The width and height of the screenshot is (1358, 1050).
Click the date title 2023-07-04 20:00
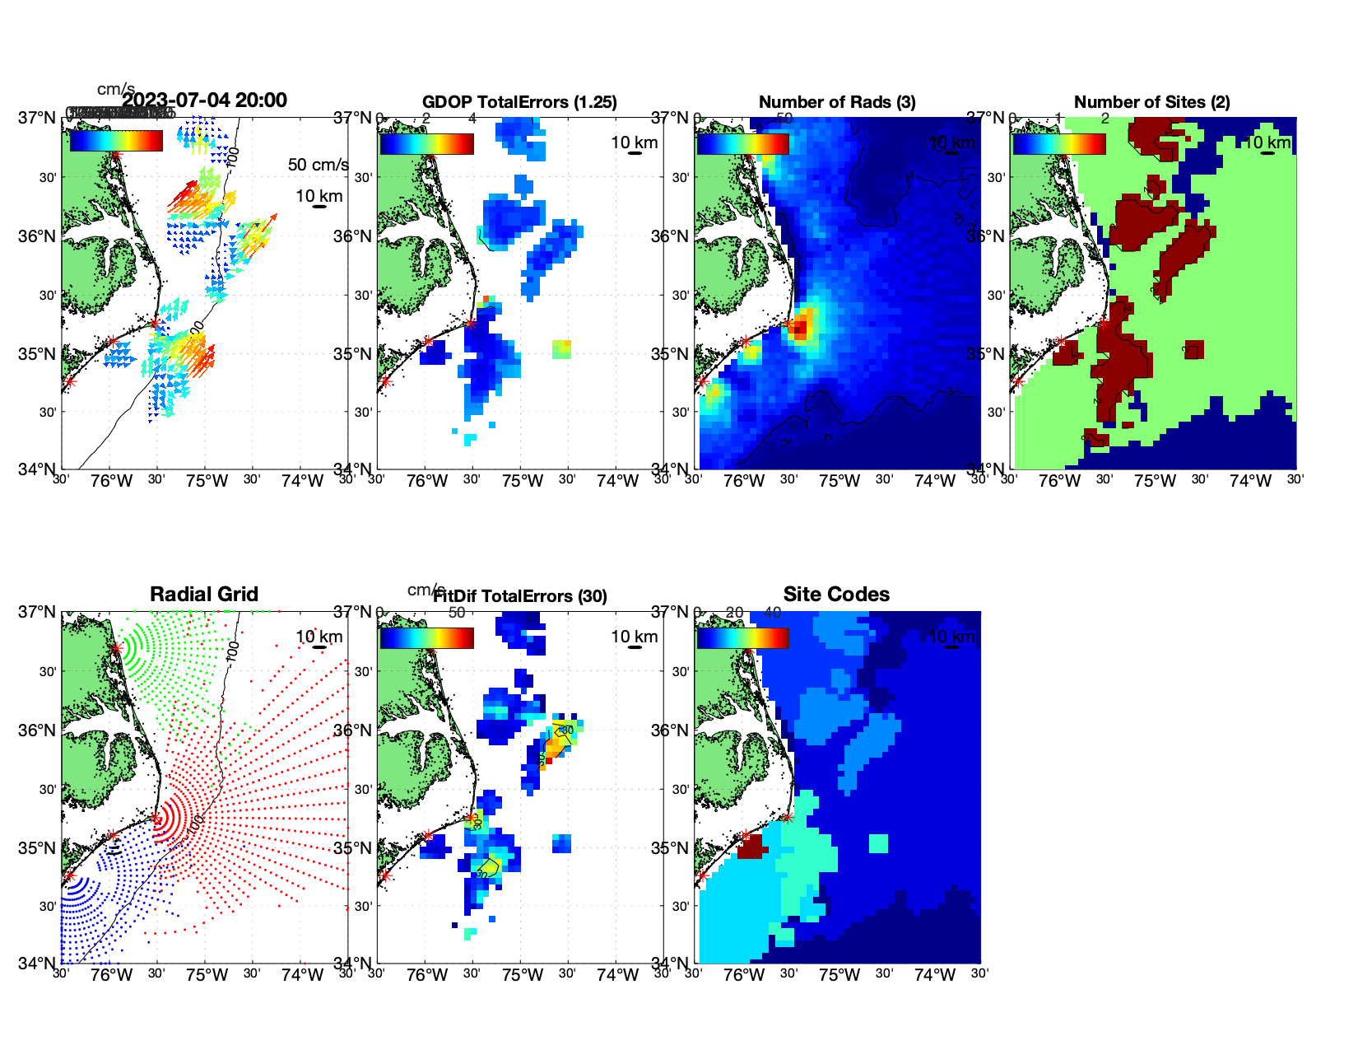click(204, 100)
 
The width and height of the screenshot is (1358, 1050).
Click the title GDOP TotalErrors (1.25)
click(519, 102)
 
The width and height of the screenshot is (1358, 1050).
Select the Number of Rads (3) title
click(837, 102)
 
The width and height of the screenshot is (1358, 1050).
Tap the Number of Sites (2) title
click(1151, 102)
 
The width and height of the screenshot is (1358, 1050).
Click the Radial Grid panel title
click(204, 595)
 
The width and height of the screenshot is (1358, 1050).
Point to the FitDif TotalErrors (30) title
click(520, 596)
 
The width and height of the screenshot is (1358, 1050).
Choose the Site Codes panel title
click(836, 595)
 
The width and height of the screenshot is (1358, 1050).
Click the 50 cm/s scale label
click(318, 165)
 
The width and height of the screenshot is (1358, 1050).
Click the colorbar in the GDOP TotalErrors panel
click(426, 143)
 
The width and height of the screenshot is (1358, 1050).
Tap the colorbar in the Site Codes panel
click(742, 637)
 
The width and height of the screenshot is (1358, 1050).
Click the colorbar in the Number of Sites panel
click(1058, 143)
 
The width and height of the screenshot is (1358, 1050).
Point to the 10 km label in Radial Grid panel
click(319, 637)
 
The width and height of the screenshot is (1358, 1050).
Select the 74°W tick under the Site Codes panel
click(935, 976)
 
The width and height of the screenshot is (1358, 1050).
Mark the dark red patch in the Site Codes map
click(750, 847)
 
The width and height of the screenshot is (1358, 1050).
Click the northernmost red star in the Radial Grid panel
click(116, 648)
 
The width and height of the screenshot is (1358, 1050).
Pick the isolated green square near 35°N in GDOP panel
click(562, 348)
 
